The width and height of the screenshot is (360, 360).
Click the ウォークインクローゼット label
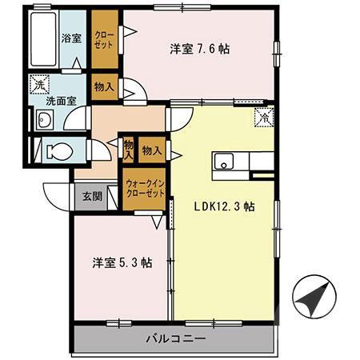(144, 189)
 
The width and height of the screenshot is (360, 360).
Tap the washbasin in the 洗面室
(45, 121)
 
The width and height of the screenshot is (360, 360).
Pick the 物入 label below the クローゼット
(104, 86)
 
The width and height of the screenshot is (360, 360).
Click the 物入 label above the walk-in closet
(152, 149)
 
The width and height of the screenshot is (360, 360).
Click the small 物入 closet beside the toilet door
(128, 149)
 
